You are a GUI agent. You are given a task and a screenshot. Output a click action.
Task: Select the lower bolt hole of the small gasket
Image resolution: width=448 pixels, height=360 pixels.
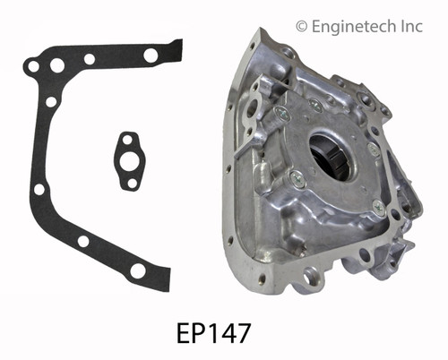(x=133, y=183)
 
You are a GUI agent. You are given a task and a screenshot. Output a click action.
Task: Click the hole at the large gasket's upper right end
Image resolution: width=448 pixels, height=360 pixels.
(x=151, y=56)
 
